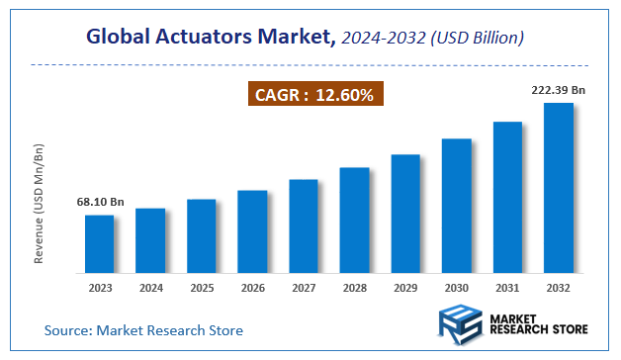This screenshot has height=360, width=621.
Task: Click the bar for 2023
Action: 99,243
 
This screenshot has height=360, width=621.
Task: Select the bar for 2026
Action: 252,231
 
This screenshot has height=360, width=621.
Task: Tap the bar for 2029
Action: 405,214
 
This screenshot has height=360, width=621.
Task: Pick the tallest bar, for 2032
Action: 559,188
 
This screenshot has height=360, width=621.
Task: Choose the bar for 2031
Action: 507,197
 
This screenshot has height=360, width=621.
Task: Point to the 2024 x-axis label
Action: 150,289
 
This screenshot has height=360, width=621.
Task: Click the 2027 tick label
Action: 304,289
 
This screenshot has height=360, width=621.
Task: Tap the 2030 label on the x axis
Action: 457,289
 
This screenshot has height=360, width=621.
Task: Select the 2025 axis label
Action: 202,289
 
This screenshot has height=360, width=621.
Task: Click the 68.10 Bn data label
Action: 100,203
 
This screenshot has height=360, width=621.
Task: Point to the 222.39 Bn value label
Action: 558,90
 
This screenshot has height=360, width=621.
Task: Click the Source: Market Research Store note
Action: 143,329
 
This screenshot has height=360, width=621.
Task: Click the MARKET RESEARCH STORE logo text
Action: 538,327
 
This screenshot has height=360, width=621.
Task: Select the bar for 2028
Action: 354,221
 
